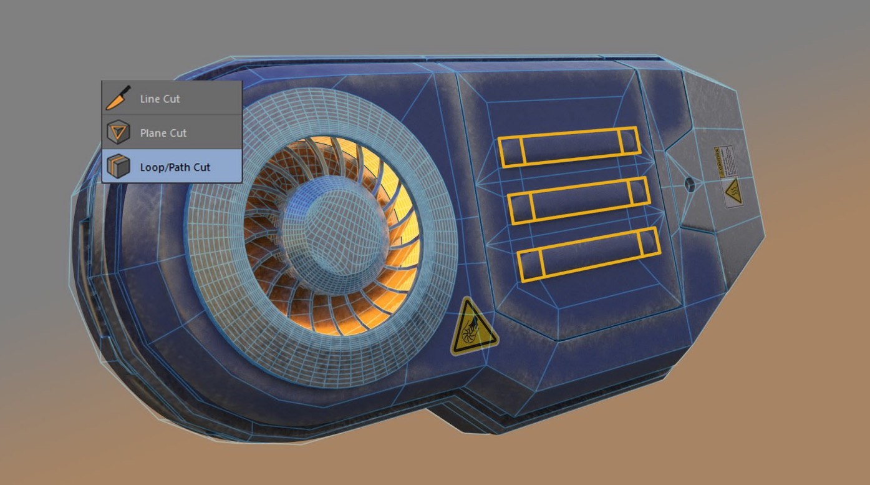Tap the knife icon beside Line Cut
pyautogui.click(x=118, y=98)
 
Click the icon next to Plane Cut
pyautogui.click(x=118, y=132)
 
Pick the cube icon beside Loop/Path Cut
pyautogui.click(x=118, y=167)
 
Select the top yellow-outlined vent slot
pyautogui.click(x=569, y=147)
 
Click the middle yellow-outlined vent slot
pyautogui.click(x=579, y=200)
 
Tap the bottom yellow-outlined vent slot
pyautogui.click(x=589, y=255)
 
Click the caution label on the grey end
pyautogui.click(x=728, y=177)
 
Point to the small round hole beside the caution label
pyautogui.click(x=689, y=184)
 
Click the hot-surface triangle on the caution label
pyautogui.click(x=733, y=190)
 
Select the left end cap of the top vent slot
pyautogui.click(x=511, y=152)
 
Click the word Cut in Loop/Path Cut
pyautogui.click(x=201, y=167)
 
